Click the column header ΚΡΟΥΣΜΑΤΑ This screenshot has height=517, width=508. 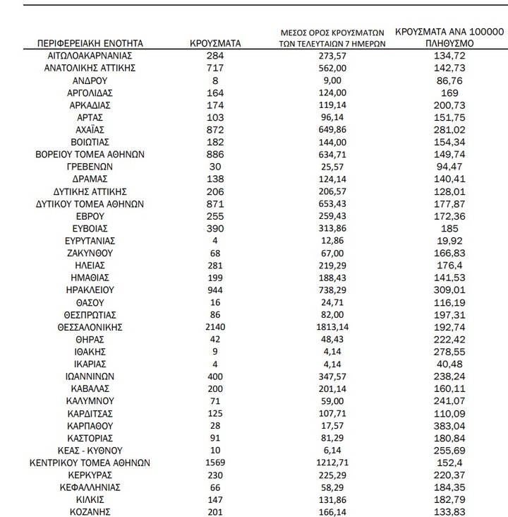point(215,43)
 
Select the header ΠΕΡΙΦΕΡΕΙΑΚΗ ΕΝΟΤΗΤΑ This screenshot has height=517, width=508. point(90,43)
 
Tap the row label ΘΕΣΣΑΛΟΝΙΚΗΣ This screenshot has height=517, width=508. point(90,327)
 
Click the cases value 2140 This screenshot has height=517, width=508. point(215,327)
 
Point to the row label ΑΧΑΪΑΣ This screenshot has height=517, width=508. point(90,130)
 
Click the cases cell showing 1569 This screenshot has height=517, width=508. point(215,463)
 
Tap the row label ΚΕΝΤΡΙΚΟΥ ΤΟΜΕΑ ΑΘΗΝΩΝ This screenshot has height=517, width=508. point(90,463)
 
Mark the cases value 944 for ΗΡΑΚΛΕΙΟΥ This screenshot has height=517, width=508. point(215,290)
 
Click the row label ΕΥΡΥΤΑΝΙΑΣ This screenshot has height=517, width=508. point(90,240)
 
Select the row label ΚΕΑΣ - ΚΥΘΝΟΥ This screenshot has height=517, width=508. point(90,450)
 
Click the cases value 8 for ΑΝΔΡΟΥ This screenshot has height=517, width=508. point(215,81)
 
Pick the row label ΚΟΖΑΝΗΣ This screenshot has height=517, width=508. point(90,512)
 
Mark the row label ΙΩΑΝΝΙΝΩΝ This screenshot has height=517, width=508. point(90,376)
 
